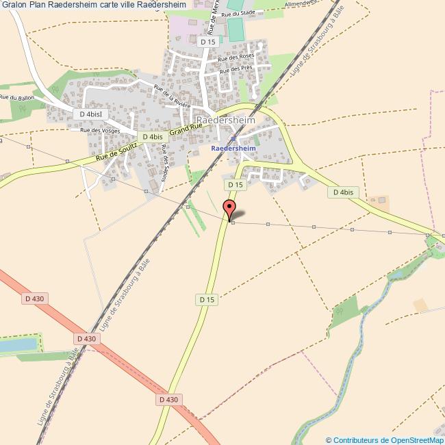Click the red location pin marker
click(229, 208)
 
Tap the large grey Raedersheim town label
click(225, 120)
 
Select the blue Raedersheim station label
click(233, 147)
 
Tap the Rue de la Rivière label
click(172, 97)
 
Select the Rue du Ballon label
click(16, 98)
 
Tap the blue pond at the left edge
click(16, 344)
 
